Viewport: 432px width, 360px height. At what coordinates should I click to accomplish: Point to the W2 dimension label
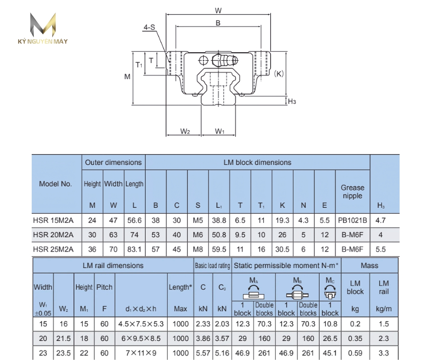tap(185, 131)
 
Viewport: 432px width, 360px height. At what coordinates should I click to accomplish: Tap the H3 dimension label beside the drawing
tap(292, 102)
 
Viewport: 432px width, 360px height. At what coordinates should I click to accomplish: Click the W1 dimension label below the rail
tap(220, 131)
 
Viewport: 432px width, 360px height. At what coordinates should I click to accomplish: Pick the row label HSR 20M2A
tap(53, 235)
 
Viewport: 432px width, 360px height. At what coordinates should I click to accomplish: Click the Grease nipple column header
tap(352, 192)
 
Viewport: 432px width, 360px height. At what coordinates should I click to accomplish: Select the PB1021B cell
tap(352, 220)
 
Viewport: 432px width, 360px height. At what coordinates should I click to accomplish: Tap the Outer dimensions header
tap(113, 162)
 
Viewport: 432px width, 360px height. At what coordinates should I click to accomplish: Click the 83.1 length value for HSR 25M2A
tap(134, 249)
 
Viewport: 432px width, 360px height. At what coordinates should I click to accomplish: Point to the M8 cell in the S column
tap(198, 249)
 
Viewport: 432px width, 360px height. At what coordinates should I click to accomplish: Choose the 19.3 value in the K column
tap(282, 220)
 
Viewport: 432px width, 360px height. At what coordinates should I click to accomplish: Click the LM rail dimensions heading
tap(113, 266)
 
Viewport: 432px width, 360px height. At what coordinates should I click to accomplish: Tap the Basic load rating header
tap(212, 266)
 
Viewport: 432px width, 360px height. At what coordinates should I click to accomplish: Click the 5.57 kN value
tap(203, 353)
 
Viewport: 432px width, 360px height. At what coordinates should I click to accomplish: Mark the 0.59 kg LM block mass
tap(355, 353)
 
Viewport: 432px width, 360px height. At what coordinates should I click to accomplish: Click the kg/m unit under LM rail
tap(384, 309)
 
